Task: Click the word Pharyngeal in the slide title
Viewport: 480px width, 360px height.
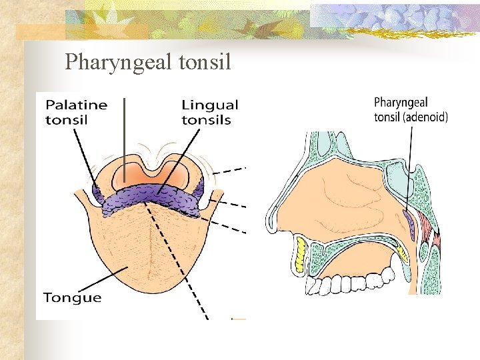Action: [x=119, y=63]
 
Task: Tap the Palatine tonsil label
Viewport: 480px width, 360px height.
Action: [x=76, y=112]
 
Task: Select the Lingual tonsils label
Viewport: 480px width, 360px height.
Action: [x=209, y=112]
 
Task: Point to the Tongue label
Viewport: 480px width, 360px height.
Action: [x=72, y=297]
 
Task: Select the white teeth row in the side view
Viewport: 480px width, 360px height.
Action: [x=347, y=283]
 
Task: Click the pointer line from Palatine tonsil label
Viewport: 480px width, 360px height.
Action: [x=85, y=161]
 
